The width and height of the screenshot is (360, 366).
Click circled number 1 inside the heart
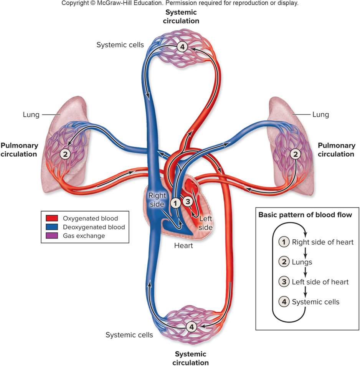coord(175,203)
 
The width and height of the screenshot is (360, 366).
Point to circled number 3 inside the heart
coord(187,200)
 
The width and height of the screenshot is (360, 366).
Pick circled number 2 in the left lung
coord(65,154)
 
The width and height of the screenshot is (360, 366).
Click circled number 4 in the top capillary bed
coord(182,47)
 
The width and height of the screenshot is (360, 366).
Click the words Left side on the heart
coord(206,223)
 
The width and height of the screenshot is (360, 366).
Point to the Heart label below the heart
coord(183,245)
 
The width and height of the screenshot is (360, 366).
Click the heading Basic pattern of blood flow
coord(305,215)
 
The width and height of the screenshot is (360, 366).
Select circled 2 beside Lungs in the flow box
coord(284,262)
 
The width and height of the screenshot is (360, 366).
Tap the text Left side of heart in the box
coord(320,282)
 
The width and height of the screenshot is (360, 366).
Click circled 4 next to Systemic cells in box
coord(284,302)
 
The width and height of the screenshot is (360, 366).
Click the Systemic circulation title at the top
coord(181,17)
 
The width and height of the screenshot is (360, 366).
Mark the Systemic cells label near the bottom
coord(129,335)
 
